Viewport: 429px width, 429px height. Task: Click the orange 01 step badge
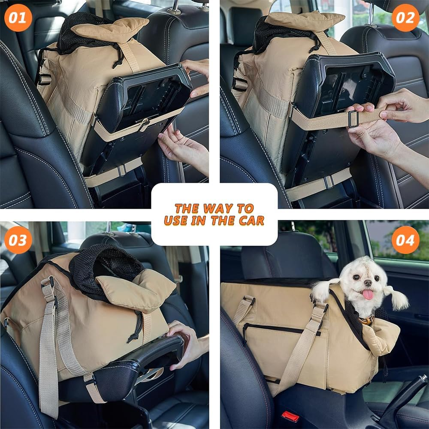pyautogui.click(x=18, y=18)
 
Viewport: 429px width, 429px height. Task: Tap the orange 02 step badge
pyautogui.click(x=405, y=18)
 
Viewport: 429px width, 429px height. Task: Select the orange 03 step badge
pyautogui.click(x=18, y=239)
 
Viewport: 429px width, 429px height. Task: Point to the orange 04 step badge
pyautogui.click(x=405, y=239)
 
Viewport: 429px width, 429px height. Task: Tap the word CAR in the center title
pyautogui.click(x=252, y=221)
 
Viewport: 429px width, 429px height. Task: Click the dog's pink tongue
pyautogui.click(x=368, y=294)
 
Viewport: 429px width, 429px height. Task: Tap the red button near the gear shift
pyautogui.click(x=290, y=416)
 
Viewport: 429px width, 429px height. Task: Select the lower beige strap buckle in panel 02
pyautogui.click(x=329, y=181)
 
